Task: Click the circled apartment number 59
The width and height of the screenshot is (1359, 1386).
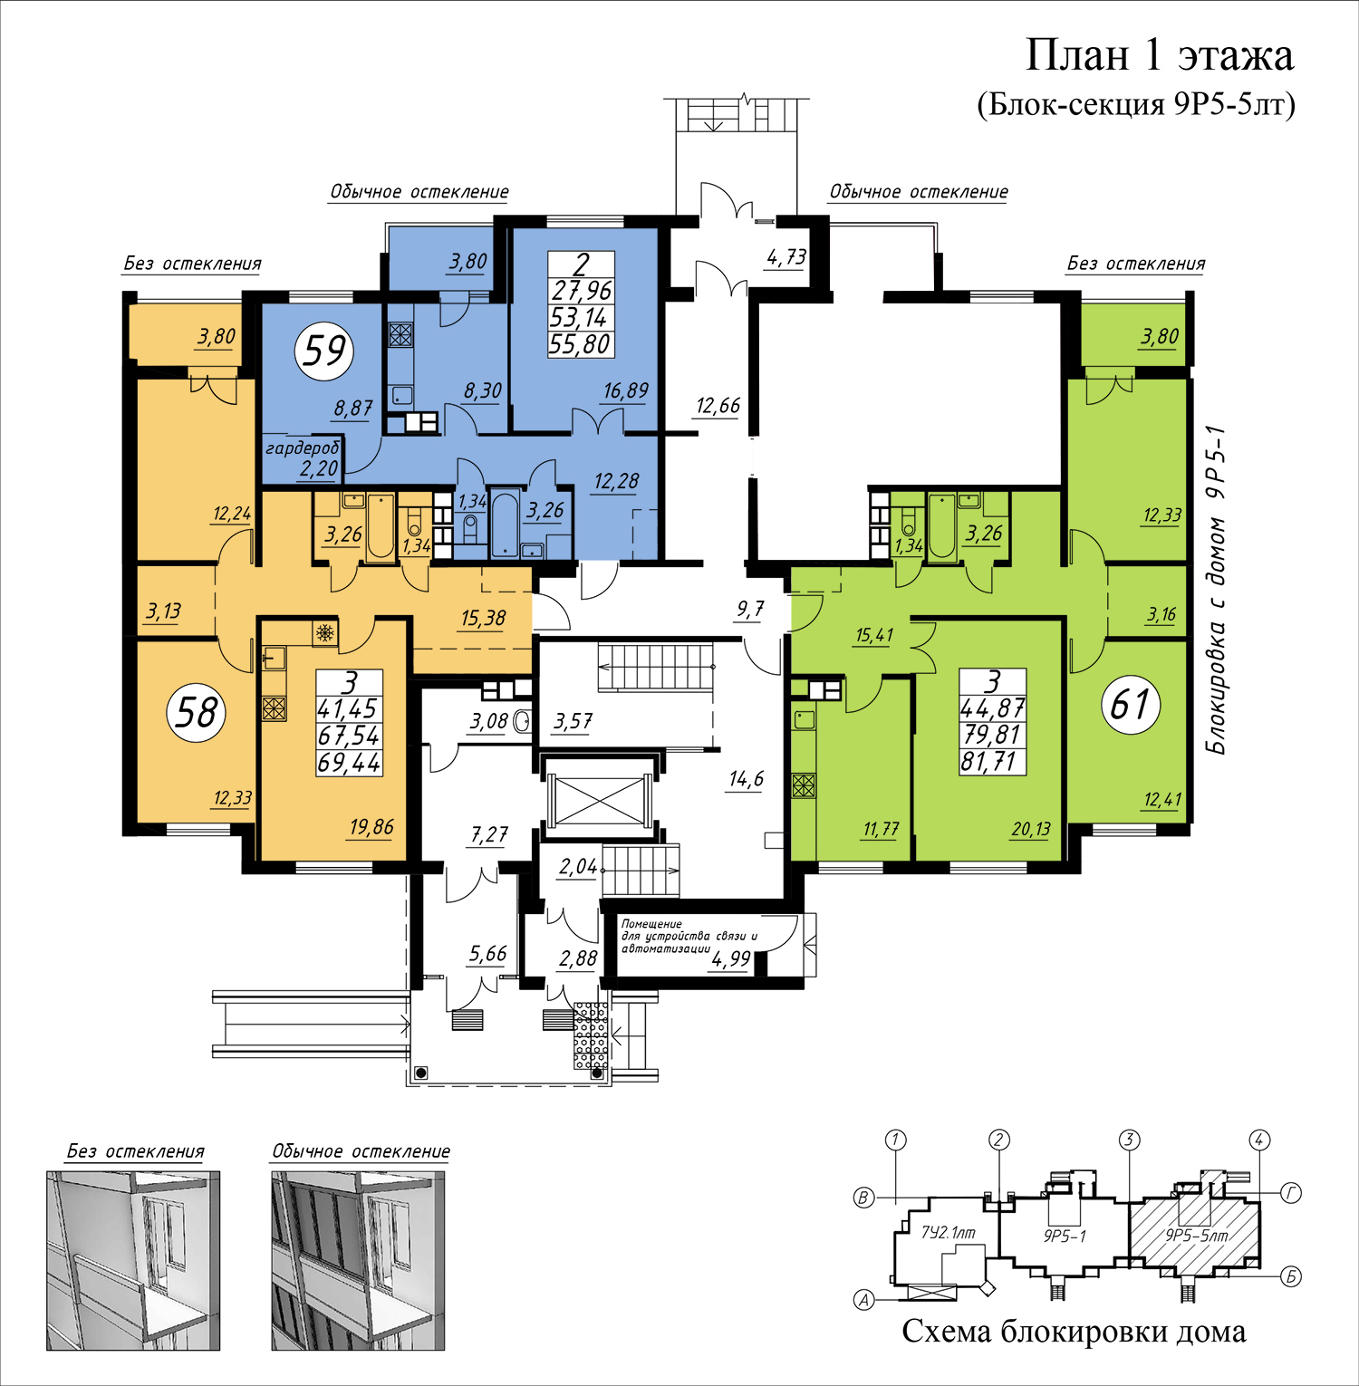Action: [325, 351]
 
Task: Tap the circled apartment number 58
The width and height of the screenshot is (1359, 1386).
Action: [197, 712]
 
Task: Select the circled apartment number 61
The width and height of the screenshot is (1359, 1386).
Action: [1131, 704]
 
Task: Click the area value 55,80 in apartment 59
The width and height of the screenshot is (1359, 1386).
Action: [581, 344]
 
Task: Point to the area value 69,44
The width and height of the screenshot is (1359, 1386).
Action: [349, 763]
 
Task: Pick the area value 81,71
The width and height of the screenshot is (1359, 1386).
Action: [993, 761]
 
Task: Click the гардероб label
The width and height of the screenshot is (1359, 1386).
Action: [303, 448]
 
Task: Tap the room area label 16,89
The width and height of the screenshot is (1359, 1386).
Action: [626, 391]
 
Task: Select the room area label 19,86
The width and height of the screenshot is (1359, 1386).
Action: [371, 827]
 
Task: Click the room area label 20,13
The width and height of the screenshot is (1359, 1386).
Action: [1031, 829]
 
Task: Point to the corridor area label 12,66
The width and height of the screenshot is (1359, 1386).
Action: [718, 406]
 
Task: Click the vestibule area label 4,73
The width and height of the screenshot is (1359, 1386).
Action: [786, 257]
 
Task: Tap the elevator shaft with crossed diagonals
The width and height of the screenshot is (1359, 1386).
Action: [599, 800]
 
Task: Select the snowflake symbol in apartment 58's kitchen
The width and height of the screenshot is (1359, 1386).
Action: [325, 632]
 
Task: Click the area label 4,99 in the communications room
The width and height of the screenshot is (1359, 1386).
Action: [730, 959]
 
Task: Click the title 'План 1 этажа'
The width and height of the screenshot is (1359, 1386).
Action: [1159, 55]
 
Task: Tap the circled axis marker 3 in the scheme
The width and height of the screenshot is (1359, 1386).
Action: [1129, 1140]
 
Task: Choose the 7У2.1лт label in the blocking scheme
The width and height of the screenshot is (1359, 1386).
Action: [948, 1232]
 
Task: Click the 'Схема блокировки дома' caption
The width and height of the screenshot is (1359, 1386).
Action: [1074, 1332]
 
